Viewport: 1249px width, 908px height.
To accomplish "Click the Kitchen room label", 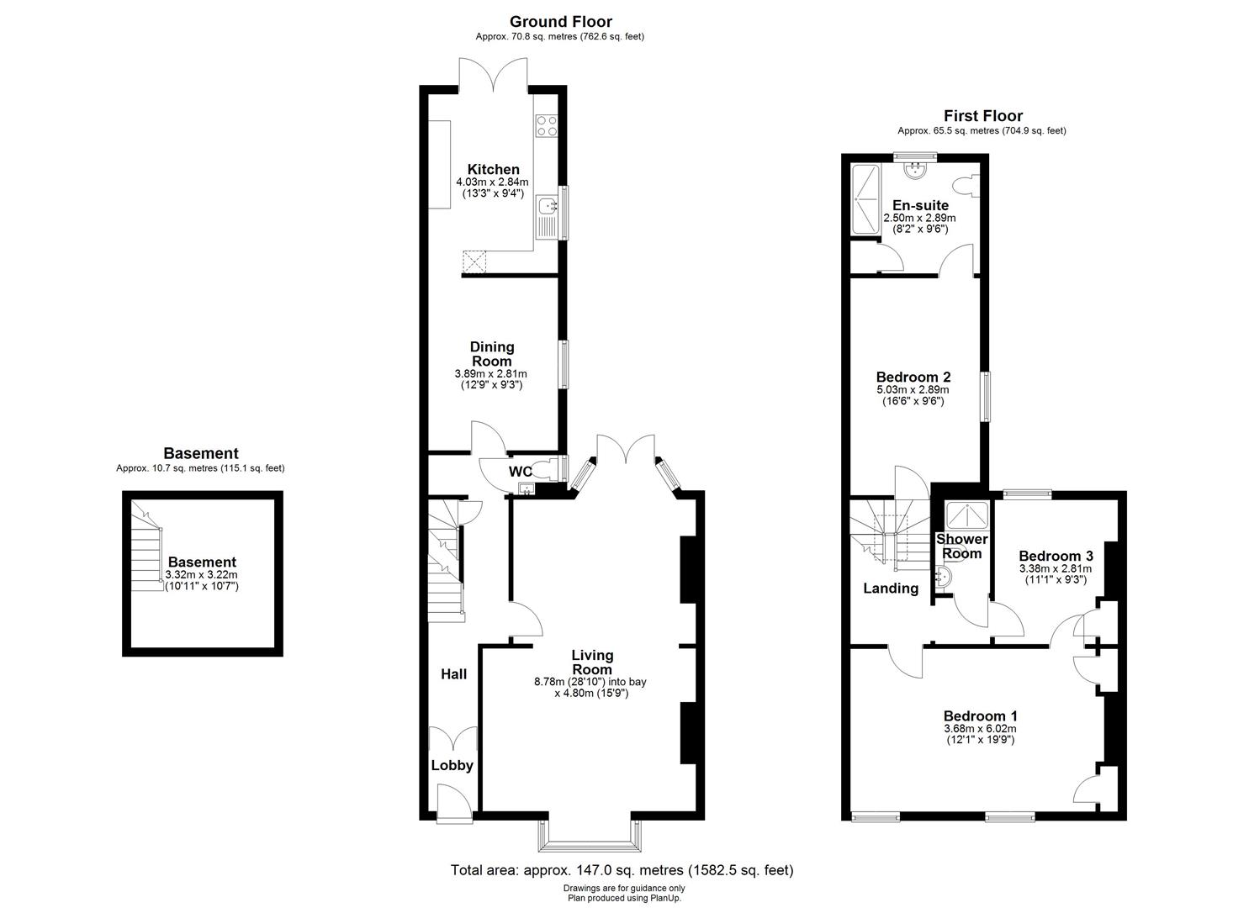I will tap(493, 169).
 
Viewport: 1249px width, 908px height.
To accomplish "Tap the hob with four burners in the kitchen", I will tap(547, 125).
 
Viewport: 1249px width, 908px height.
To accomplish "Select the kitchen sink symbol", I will tap(546, 205).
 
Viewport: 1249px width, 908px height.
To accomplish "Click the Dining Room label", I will tap(492, 354).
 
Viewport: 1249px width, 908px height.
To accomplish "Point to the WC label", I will tap(521, 472).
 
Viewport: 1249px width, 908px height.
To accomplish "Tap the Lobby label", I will tap(452, 765).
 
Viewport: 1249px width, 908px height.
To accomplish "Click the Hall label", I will tap(454, 673).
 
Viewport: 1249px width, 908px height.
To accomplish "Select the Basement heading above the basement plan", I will tap(200, 453).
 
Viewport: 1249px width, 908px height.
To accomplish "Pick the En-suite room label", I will tap(920, 205).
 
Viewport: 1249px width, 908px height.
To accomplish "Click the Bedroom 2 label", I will tap(913, 377).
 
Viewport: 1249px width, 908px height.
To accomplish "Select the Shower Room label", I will tap(962, 546).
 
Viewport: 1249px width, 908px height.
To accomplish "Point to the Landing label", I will tap(891, 589).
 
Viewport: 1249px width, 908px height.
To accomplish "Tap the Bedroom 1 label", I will tap(980, 715).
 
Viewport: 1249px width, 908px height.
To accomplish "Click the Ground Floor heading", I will tap(561, 22).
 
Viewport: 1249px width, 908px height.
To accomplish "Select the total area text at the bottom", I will tap(622, 870).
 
